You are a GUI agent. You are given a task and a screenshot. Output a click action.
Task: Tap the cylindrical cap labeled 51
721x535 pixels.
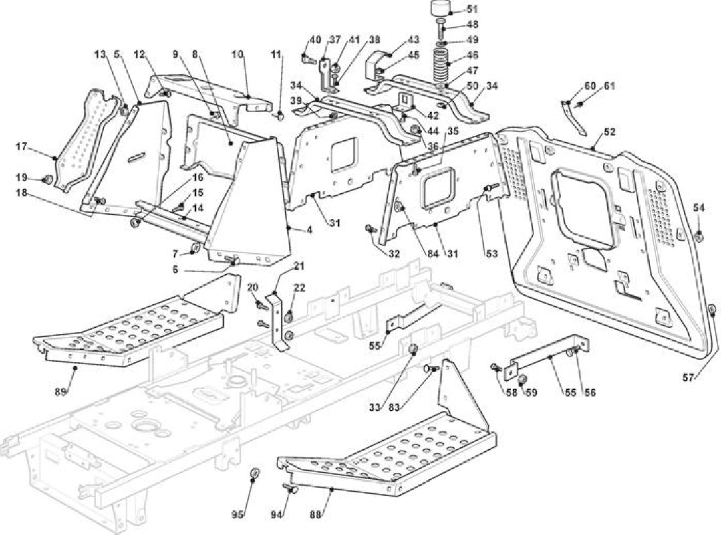point(440,9)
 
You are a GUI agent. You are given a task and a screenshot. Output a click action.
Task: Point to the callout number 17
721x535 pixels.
point(21,147)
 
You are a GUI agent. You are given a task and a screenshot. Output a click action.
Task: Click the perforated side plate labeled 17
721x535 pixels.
point(86,140)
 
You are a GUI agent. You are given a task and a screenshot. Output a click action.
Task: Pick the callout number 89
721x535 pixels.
point(61,392)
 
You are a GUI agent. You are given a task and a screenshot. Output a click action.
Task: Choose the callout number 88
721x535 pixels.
point(315,515)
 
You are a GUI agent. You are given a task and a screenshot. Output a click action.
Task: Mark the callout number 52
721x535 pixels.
point(609,132)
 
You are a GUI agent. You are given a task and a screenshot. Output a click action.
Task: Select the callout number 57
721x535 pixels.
point(688,378)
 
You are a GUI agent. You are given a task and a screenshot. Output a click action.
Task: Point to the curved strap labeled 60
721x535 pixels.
point(573,118)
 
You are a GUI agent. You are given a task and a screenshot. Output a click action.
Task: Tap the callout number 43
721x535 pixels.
point(414,41)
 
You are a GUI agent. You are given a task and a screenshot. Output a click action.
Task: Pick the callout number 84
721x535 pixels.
point(434,253)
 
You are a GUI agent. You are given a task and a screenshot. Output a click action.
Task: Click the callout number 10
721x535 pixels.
point(237,54)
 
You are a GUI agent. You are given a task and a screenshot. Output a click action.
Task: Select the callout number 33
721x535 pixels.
point(376,407)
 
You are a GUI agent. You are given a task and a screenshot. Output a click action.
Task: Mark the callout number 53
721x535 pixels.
point(492,253)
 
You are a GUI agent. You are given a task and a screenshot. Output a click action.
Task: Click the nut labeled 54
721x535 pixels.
point(698,237)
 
